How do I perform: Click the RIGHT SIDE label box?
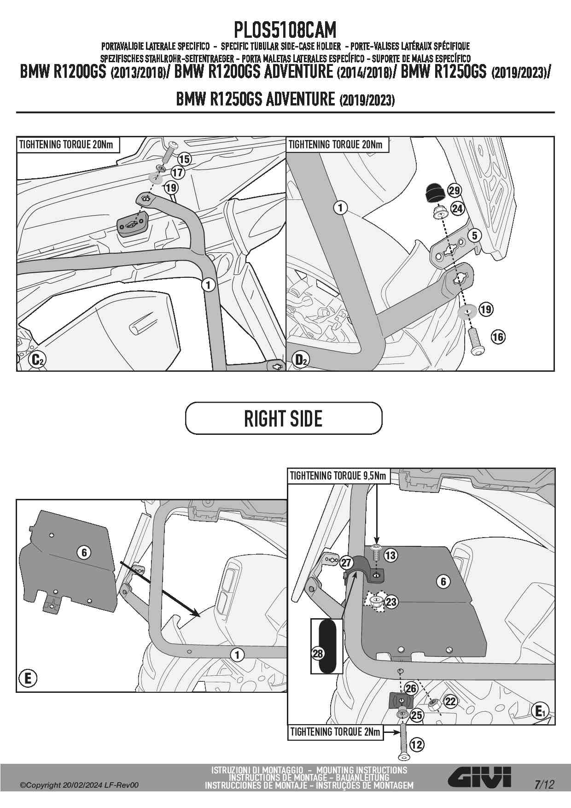point(284,418)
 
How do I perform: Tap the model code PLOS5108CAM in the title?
point(285,30)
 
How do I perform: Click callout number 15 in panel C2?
point(184,159)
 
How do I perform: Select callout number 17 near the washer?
point(177,173)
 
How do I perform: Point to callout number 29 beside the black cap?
point(454,191)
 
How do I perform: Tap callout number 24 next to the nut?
point(457,209)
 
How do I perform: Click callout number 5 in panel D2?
point(474,235)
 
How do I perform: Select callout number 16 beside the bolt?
point(498,337)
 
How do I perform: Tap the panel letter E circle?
point(28,679)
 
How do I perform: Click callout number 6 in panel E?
point(84,552)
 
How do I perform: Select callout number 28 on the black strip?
point(318,653)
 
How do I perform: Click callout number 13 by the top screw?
point(390,555)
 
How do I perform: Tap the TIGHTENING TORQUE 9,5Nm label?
point(338,475)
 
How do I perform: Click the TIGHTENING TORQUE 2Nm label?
point(335,732)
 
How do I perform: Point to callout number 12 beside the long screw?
point(417,744)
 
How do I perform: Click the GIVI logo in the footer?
point(479,778)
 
